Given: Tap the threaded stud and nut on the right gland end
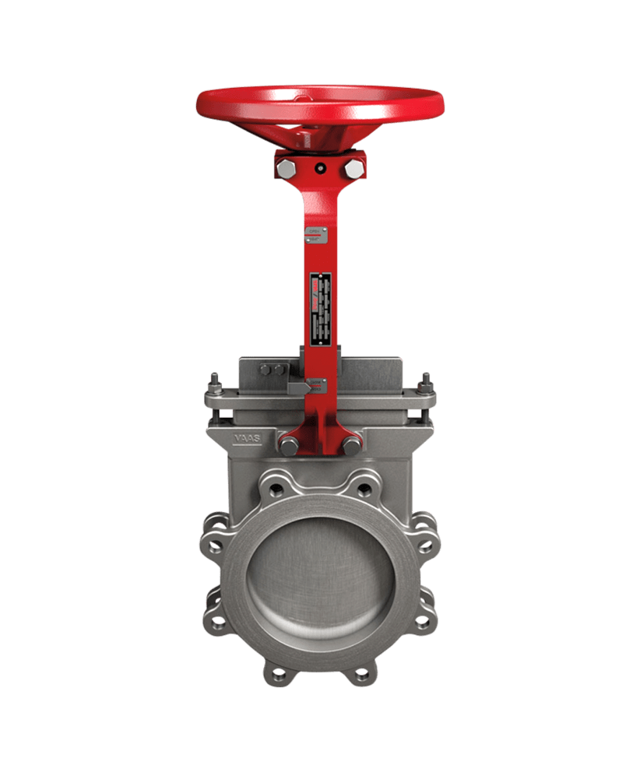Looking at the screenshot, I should coord(426,385).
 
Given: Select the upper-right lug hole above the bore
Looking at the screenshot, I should coord(364,490).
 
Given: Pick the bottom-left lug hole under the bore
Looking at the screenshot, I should coord(275,672).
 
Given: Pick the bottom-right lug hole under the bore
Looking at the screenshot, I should coord(364,672).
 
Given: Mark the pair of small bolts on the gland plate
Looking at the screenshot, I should coord(273,370).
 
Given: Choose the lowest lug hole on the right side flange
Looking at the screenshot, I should coord(422,623).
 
